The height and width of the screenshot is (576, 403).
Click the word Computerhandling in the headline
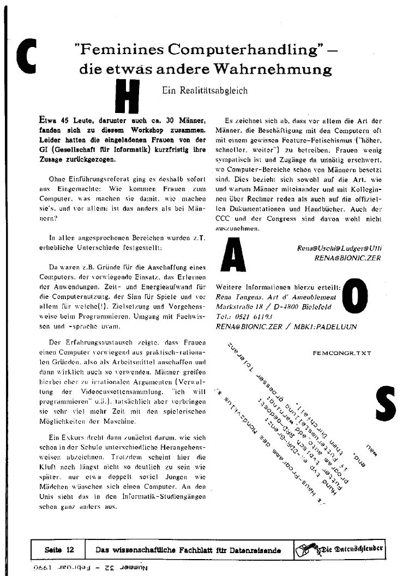pyautogui.click(x=238, y=50)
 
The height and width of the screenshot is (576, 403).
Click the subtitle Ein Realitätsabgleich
pyautogui.click(x=204, y=91)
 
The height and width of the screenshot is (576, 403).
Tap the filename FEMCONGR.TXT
pyautogui.click(x=342, y=353)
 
